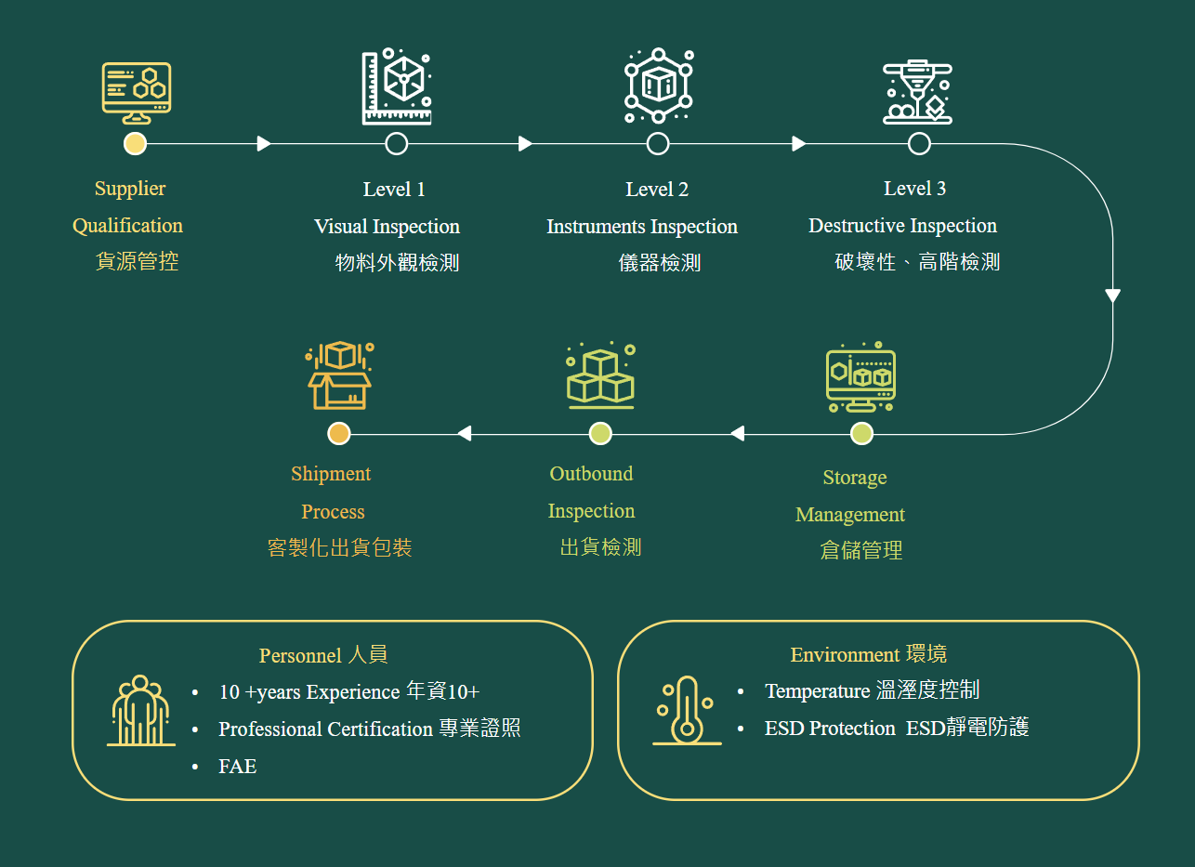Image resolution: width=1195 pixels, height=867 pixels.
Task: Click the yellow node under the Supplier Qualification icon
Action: coord(136,143)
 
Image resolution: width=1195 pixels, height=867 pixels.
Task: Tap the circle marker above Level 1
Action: coord(397,143)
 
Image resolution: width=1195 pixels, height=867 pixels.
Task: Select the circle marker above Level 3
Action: coord(919,143)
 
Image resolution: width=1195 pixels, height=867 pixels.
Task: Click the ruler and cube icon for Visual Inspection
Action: coord(397,86)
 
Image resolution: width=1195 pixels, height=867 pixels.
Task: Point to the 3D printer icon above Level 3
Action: coord(917,92)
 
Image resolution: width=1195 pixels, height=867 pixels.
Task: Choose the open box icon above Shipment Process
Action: coord(339,375)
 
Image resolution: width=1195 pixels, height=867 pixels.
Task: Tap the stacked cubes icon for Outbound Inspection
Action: coord(600,377)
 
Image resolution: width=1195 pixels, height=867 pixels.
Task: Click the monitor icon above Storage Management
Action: coord(860,378)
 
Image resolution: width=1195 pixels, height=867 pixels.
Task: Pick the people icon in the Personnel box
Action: coord(140,711)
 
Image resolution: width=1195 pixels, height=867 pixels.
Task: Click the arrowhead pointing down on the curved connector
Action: coord(1112,296)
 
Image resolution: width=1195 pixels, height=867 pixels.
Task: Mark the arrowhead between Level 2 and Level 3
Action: coord(799,143)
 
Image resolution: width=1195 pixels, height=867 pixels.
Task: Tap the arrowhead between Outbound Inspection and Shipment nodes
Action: coord(465,433)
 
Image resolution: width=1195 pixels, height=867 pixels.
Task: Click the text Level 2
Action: coord(657,190)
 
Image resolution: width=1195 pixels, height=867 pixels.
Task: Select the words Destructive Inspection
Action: coord(902,226)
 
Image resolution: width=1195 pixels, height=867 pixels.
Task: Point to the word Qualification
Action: coord(127,226)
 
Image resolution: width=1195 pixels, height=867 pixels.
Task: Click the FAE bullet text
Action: coord(237,767)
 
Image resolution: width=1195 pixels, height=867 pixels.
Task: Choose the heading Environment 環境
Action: coord(868,655)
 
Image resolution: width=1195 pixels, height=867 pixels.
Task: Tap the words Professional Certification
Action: coord(325,729)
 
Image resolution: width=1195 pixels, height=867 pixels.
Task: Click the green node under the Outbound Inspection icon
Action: coord(600,433)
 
